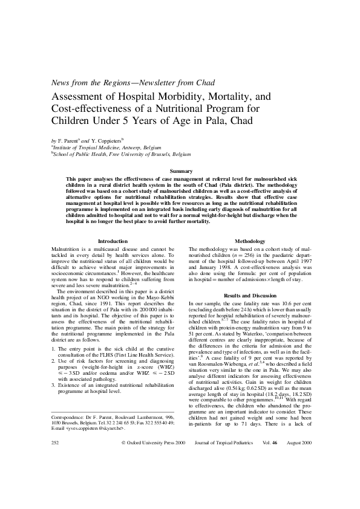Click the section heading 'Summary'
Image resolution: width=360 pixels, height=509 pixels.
180,172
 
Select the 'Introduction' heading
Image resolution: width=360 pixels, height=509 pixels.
113,241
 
